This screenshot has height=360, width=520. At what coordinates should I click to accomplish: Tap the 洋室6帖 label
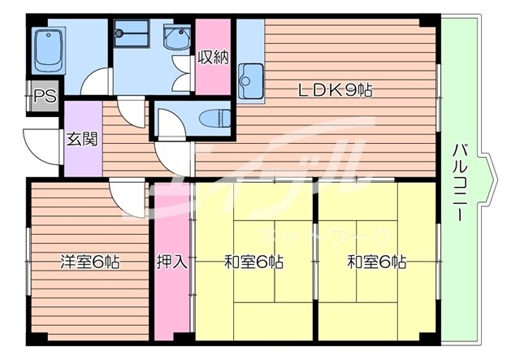point(89,262)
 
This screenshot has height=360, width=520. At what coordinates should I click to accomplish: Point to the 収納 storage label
point(213,58)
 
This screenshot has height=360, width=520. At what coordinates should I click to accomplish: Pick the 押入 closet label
point(171,262)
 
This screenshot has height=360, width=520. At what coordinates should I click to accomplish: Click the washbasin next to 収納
point(175,38)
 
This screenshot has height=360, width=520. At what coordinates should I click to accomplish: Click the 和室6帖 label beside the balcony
point(376,262)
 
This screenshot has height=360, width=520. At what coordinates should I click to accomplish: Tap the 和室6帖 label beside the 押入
point(253,262)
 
